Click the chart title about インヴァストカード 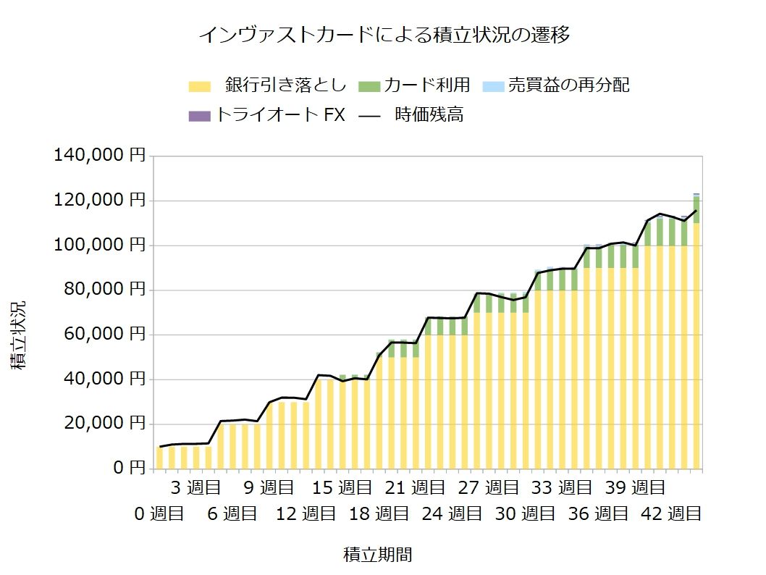tap(384, 35)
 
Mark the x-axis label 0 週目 tap(159, 514)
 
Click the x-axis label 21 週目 tap(411, 487)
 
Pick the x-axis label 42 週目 tap(672, 514)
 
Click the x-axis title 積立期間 tap(378, 555)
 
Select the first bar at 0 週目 tap(160, 458)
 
